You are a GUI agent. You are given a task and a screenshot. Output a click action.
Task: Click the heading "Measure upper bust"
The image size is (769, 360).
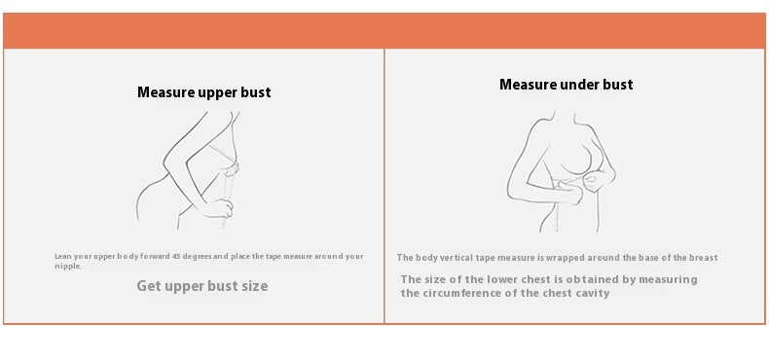204,92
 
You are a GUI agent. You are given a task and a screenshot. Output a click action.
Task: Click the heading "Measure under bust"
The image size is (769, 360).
566,85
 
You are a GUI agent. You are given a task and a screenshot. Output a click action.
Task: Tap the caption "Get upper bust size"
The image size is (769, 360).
202,286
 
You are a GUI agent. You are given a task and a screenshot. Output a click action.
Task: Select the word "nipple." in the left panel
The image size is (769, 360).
68,267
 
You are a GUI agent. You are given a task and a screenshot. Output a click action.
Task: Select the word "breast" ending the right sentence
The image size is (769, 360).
704,258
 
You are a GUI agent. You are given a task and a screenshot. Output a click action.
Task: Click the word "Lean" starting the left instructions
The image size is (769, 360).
63,256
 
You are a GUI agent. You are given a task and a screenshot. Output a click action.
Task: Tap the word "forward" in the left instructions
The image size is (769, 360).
155,256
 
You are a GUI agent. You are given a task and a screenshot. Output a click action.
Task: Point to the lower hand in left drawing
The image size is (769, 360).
217,208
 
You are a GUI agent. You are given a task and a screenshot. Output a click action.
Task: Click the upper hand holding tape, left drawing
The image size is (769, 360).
231,169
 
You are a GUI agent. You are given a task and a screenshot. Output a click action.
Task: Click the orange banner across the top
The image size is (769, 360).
384,30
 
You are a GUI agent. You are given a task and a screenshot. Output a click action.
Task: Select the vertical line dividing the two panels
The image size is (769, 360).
384,186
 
